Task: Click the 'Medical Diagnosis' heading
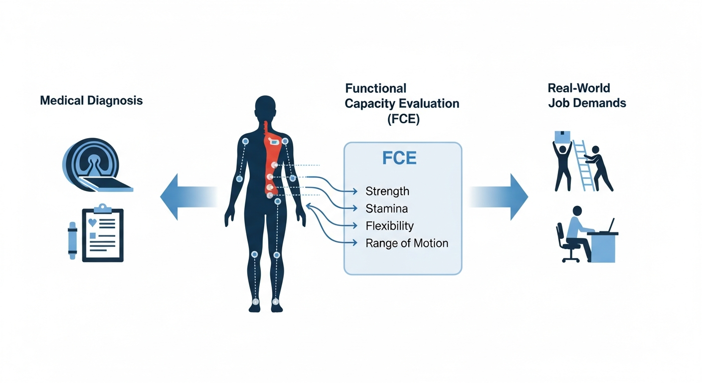91,101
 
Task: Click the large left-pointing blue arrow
187,196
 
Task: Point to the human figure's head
265,107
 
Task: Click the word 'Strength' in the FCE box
387,191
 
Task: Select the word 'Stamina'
387,208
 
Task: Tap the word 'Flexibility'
389,226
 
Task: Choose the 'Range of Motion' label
407,243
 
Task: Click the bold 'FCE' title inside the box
399,158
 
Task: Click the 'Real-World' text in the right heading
578,88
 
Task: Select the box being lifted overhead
562,136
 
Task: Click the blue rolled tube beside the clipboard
73,240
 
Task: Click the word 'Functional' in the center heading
375,89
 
